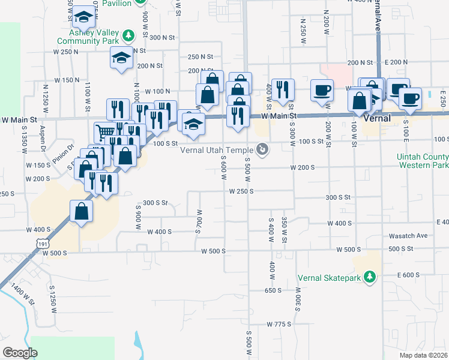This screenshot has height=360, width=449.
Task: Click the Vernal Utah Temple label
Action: [218, 149]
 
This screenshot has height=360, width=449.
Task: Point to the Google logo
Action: [20, 352]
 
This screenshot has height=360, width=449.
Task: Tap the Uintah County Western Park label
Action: [423, 160]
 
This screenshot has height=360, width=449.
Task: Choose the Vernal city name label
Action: [378, 118]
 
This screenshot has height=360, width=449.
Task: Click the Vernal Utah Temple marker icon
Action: [262, 148]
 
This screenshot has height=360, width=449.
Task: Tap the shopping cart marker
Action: [105, 131]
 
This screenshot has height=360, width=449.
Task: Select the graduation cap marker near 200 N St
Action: [121, 59]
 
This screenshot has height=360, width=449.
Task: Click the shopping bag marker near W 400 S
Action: [81, 211]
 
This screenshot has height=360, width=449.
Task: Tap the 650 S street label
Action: [273, 290]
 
